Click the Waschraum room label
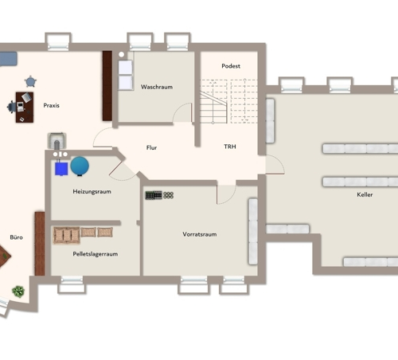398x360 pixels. tap(157, 87)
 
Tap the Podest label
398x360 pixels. tap(231, 66)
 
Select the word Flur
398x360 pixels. tap(151, 147)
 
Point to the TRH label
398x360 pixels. tap(230, 147)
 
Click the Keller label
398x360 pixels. tap(365, 194)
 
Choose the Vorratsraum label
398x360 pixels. tap(200, 234)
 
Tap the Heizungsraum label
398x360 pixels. tap(92, 192)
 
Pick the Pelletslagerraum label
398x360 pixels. tap(96, 254)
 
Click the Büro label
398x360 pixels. tap(16, 237)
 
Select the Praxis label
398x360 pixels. tap(51, 105)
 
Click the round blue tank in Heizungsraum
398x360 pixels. tap(80, 166)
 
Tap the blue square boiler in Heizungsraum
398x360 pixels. tap(61, 169)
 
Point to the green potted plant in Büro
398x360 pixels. tap(18, 292)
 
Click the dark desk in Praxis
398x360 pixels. tap(25, 108)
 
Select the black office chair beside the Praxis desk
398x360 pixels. tap(11, 107)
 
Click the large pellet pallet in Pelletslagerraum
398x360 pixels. tap(67, 235)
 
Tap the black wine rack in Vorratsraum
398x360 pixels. tap(154, 195)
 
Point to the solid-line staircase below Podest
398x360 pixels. tap(213, 108)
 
